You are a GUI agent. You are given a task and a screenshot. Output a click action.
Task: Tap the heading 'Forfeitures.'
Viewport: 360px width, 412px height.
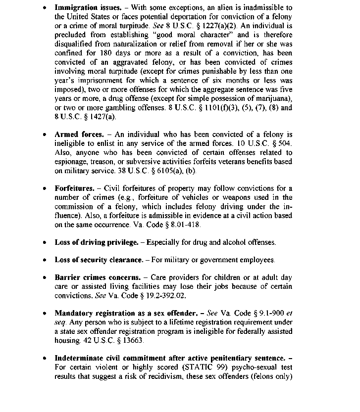coord(74,188)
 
